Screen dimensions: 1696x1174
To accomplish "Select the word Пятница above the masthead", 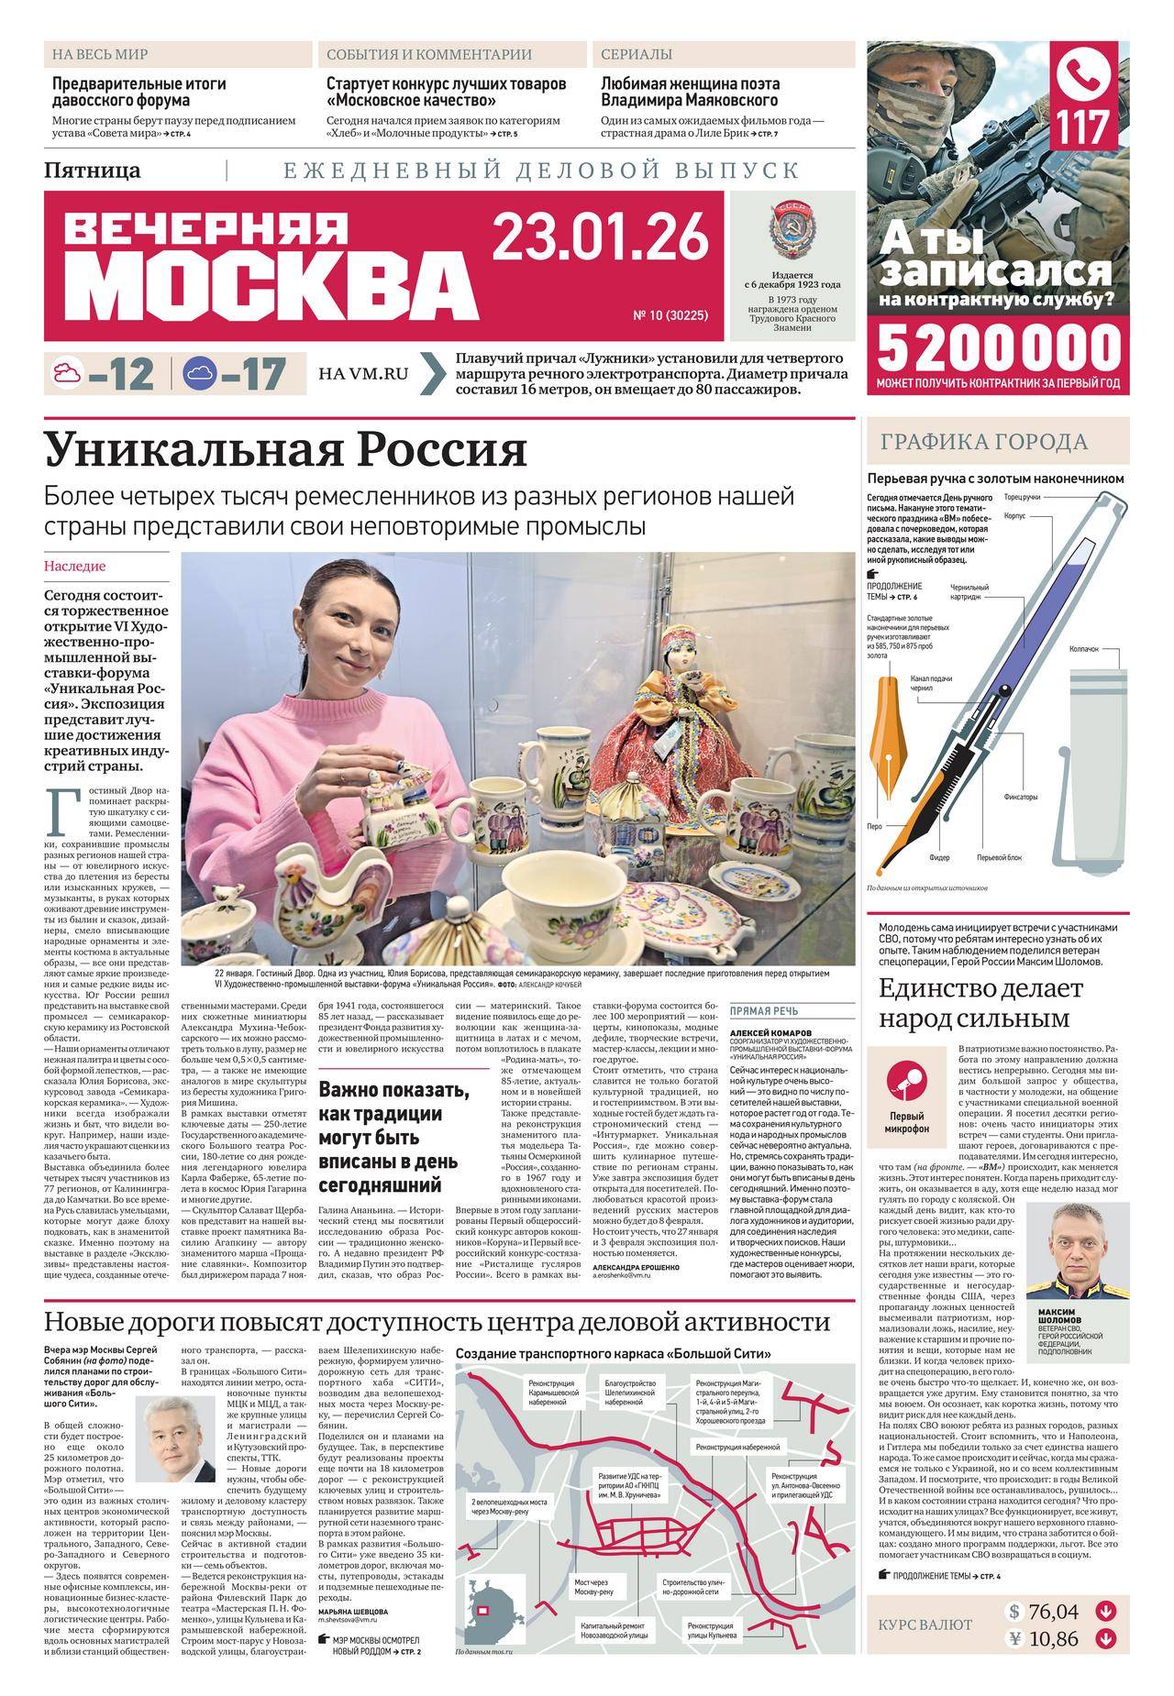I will coord(93,170).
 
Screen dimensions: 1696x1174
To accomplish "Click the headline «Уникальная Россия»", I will coord(286,450).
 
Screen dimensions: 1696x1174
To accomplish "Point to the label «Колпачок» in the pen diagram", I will coord(1083,648).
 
